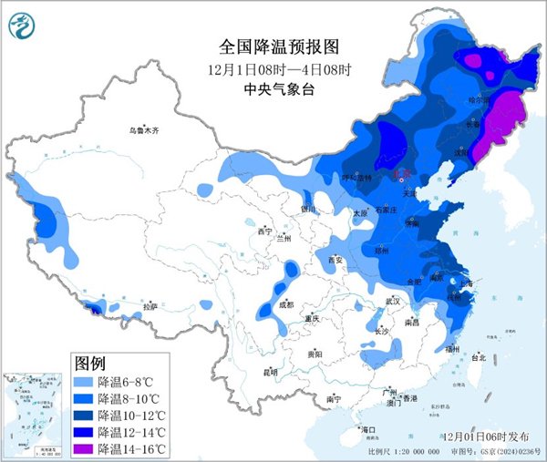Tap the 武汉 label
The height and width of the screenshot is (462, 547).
(x=393, y=300)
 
